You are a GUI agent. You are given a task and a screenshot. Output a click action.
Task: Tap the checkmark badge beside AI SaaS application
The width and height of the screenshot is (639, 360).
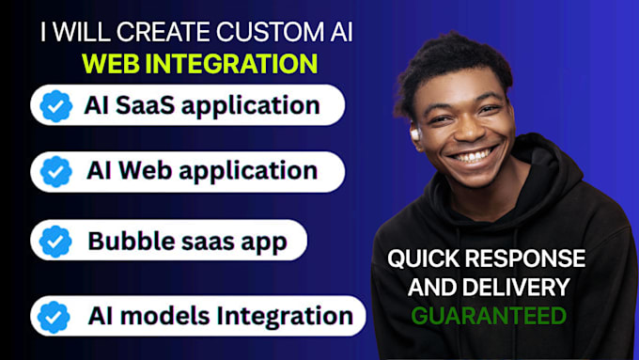click(56, 106)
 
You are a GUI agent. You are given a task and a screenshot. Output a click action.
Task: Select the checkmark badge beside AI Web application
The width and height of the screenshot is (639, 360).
click(56, 172)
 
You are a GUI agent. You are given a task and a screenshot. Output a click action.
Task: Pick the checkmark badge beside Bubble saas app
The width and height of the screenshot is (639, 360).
click(56, 242)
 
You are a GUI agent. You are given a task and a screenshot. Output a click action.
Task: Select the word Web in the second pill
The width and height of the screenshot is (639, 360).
click(149, 171)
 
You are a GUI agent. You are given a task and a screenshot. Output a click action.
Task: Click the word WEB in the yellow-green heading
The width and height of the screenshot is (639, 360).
click(110, 63)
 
